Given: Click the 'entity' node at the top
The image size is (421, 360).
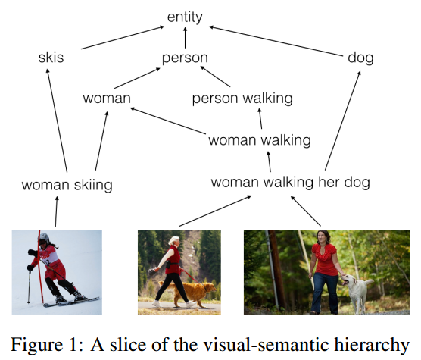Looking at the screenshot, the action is click(185, 17).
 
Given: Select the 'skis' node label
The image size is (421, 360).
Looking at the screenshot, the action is click(51, 58).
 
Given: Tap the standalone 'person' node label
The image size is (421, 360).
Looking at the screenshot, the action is click(185, 58).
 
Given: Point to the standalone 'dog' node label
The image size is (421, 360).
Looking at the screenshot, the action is click(360, 58).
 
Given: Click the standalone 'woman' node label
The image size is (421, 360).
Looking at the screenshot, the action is click(107, 99).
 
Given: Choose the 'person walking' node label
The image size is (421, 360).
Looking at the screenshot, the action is click(242, 99).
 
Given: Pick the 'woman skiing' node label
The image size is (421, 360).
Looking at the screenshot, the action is click(67, 185).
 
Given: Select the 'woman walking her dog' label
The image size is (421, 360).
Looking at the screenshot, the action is click(291, 183).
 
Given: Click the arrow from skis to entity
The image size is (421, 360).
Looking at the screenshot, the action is click(123, 38).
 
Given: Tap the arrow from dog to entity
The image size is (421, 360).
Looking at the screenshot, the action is click(276, 41).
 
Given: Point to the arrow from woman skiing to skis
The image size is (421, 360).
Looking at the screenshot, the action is click(57, 121).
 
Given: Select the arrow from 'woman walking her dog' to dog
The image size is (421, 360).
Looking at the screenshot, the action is click(342, 121).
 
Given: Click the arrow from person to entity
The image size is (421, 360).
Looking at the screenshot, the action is click(185, 38).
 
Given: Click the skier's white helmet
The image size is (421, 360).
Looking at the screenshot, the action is click(44, 237).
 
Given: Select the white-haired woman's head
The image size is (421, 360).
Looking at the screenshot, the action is click(174, 241).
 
